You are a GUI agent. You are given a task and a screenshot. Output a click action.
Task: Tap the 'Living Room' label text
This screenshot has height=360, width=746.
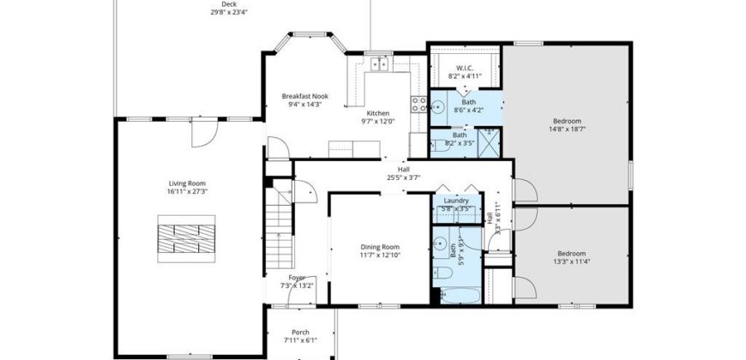click(186, 183)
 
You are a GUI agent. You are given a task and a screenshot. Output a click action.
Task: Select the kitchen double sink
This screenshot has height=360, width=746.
click(378, 63)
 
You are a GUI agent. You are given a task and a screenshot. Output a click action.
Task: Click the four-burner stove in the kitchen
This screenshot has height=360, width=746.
click(420, 105)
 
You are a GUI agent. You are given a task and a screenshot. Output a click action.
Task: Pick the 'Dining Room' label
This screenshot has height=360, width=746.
click(380, 247)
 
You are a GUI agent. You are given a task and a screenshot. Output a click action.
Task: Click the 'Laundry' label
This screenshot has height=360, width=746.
click(455, 201)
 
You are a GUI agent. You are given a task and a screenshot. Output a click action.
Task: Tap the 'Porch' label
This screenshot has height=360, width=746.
click(300, 333)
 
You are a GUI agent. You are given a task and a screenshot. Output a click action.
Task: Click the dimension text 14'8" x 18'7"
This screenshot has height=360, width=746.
click(567, 129)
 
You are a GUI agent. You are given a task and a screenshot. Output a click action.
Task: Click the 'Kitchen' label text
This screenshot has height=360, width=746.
click(378, 113)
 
